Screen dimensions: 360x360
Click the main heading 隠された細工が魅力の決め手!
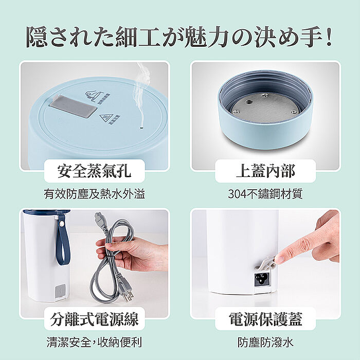(x=179, y=37)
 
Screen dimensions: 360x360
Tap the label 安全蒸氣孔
(x=94, y=171)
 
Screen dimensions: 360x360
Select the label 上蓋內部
(x=265, y=171)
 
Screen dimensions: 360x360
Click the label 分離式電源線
(x=94, y=319)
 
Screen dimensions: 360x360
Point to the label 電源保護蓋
(x=265, y=319)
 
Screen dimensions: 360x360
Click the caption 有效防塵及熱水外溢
(x=94, y=194)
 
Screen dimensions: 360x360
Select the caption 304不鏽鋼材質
(x=265, y=194)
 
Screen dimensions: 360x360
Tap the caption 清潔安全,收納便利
(x=94, y=342)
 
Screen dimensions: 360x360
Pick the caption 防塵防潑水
(x=265, y=342)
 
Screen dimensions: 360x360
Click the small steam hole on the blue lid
(x=141, y=126)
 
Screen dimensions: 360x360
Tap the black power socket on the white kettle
(x=261, y=279)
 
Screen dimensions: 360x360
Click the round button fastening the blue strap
(x=62, y=223)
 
